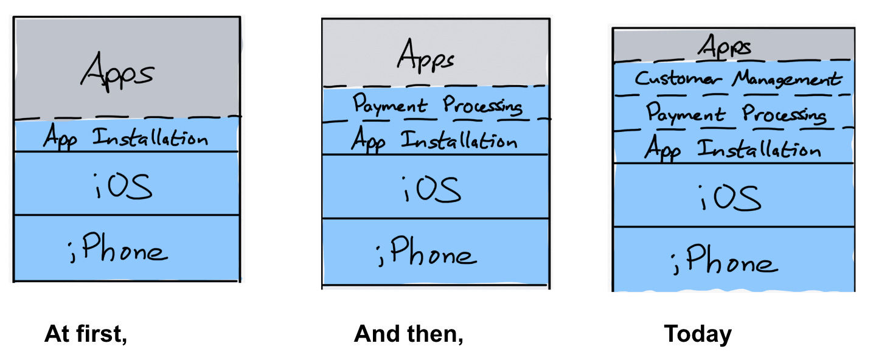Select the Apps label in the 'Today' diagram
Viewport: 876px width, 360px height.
[x=725, y=47]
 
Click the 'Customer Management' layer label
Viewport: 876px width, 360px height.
[x=738, y=79]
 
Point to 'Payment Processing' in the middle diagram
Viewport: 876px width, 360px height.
[x=437, y=105]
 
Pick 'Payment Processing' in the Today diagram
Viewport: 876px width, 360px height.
[x=736, y=114]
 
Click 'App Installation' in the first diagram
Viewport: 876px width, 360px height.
[x=125, y=138]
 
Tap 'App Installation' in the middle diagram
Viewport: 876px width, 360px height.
[x=434, y=141]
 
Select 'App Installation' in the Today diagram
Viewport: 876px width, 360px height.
[x=732, y=149]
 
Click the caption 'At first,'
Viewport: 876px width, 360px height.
[x=86, y=334]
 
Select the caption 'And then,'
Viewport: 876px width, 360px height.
[x=408, y=334]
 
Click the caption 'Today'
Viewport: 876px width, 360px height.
[x=698, y=334]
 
